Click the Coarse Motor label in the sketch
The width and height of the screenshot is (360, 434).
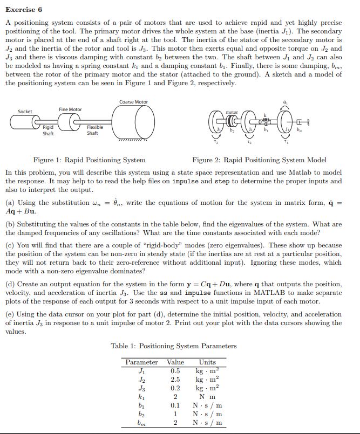(x=133, y=102)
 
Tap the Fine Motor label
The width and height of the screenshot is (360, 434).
(x=70, y=109)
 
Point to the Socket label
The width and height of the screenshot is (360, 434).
(x=25, y=112)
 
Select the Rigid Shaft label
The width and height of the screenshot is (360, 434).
(x=49, y=130)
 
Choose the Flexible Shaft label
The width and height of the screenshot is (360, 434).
(x=96, y=130)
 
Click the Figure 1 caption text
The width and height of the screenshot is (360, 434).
(x=89, y=160)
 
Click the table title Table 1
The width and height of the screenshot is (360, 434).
(x=173, y=346)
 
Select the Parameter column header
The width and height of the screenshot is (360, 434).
(x=141, y=362)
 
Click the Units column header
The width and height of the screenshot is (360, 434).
(x=207, y=362)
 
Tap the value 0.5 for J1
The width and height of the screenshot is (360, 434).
(x=175, y=371)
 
